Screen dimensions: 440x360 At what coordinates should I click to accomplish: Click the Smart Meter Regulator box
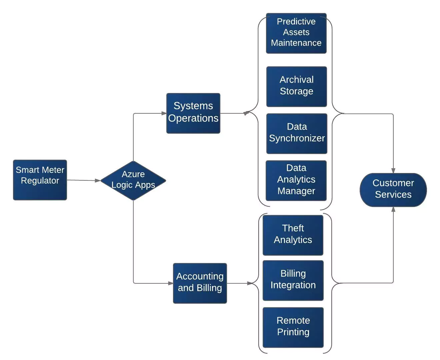click(x=40, y=180)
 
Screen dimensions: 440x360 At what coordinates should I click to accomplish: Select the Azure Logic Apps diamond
click(x=133, y=181)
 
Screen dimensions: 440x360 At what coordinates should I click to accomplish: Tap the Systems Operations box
click(x=193, y=113)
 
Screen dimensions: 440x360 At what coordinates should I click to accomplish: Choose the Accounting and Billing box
click(x=200, y=283)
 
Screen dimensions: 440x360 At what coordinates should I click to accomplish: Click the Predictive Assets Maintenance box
click(x=296, y=33)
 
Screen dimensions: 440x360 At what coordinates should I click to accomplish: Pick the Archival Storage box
click(x=296, y=87)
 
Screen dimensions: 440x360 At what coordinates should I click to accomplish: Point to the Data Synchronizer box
click(x=297, y=134)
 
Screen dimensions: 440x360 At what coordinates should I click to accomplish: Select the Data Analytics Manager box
click(x=296, y=181)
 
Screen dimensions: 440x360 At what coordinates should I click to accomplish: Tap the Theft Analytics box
click(x=293, y=235)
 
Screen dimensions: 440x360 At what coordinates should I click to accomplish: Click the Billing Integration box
click(x=293, y=280)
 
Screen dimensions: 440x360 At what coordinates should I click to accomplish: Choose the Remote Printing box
click(x=293, y=327)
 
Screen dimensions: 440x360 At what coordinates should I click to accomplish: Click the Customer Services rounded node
click(x=393, y=190)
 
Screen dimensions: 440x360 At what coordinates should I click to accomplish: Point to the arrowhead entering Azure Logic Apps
click(x=98, y=181)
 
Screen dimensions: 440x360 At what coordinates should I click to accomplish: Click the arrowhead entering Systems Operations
click(x=164, y=113)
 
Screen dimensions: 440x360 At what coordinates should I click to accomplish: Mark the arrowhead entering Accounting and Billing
click(x=170, y=283)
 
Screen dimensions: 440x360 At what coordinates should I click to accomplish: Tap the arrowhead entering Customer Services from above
click(x=393, y=171)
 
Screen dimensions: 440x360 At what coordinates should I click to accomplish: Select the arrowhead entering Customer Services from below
click(x=393, y=209)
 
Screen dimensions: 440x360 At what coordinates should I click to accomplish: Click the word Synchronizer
click(x=297, y=138)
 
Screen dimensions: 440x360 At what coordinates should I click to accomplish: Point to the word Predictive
click(x=296, y=21)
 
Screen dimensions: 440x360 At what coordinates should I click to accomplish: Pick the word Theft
click(x=293, y=228)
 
